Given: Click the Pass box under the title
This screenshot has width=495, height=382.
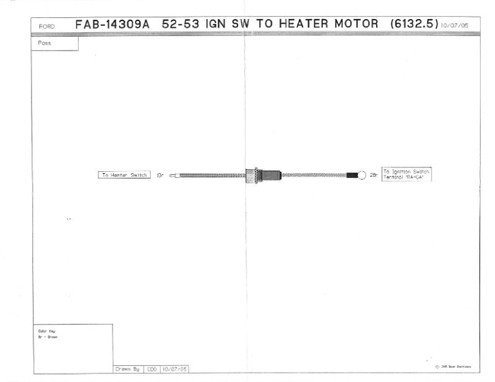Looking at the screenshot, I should [x=54, y=44].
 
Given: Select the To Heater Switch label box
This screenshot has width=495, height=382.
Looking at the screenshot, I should [x=124, y=175].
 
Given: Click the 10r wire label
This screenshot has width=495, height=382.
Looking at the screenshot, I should [x=158, y=176].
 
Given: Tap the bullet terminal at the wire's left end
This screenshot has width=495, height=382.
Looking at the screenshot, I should [x=173, y=176].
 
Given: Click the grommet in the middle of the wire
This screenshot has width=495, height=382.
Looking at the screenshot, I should [x=264, y=175].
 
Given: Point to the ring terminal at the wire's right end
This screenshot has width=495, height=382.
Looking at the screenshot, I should [x=362, y=175].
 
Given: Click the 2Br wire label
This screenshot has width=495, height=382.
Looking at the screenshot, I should [x=374, y=176].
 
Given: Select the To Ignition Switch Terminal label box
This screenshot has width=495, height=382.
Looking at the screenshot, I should [x=406, y=174].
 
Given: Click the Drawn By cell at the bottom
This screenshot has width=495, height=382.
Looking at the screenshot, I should [x=128, y=369].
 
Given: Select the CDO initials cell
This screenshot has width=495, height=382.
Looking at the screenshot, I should [x=152, y=369].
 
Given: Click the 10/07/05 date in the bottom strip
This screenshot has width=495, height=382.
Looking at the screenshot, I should [x=174, y=369].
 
